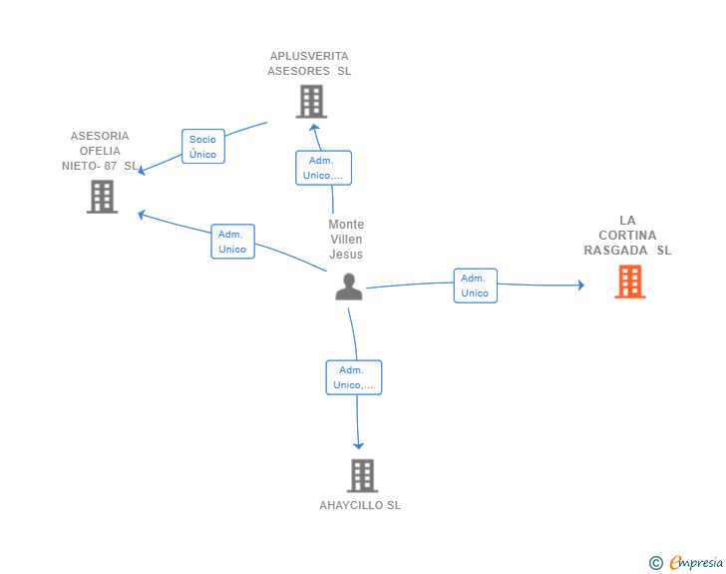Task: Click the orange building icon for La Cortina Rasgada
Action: pyautogui.click(x=629, y=282)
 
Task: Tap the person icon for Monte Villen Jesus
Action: pyautogui.click(x=349, y=287)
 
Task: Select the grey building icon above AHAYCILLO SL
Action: pyautogui.click(x=362, y=475)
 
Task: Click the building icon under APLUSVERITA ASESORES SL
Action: pyautogui.click(x=311, y=101)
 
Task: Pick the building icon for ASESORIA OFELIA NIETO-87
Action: pyautogui.click(x=102, y=196)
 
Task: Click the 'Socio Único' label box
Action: pyautogui.click(x=202, y=147)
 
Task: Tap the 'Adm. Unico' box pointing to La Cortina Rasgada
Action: pyautogui.click(x=475, y=286)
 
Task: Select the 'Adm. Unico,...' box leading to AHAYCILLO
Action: pyautogui.click(x=354, y=377)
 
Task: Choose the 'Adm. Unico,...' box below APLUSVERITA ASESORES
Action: pyautogui.click(x=323, y=168)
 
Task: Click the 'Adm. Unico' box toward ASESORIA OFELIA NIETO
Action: pyautogui.click(x=232, y=242)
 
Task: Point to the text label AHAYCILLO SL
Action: pyautogui.click(x=360, y=505)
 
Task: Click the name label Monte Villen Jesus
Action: pyautogui.click(x=346, y=240)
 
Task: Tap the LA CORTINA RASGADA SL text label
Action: pyautogui.click(x=627, y=236)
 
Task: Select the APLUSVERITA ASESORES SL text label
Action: pyautogui.click(x=309, y=64)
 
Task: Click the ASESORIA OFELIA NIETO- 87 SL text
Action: pyautogui.click(x=100, y=151)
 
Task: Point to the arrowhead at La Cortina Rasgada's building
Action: pyautogui.click(x=580, y=286)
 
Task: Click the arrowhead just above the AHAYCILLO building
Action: pyautogui.click(x=359, y=446)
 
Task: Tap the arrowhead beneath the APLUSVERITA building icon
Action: pyautogui.click(x=314, y=127)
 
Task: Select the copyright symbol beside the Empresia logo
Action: pyautogui.click(x=655, y=563)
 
